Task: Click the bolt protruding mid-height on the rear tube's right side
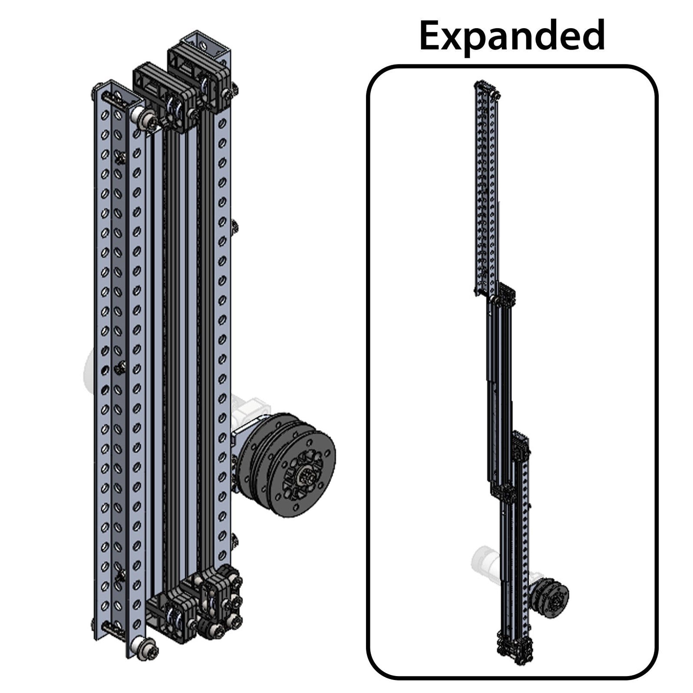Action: tap(235, 225)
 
